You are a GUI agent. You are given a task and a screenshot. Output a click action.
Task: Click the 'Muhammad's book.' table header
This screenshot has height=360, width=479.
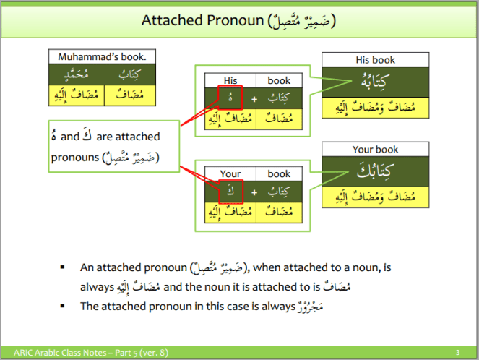(x=103, y=57)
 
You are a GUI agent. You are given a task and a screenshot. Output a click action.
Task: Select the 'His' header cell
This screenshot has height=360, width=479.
(x=230, y=80)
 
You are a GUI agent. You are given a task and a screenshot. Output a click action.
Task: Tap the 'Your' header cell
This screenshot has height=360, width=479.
(x=230, y=173)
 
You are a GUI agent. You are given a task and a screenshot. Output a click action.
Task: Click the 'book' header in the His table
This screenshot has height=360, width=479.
(x=278, y=80)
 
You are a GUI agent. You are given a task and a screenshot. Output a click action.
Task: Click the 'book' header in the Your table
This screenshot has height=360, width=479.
(x=278, y=173)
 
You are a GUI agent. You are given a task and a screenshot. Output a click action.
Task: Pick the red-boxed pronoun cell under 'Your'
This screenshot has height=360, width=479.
(x=230, y=192)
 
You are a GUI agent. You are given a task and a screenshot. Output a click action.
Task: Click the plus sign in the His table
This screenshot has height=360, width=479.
(x=254, y=98)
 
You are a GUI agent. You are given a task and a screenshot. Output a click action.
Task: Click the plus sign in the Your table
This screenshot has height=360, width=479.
(x=254, y=192)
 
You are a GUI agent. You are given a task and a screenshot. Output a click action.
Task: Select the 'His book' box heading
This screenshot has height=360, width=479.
(x=375, y=60)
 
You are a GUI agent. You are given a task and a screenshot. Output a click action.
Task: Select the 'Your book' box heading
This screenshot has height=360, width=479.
(x=375, y=150)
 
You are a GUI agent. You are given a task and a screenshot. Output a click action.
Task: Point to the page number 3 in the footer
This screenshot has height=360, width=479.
(x=467, y=352)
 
